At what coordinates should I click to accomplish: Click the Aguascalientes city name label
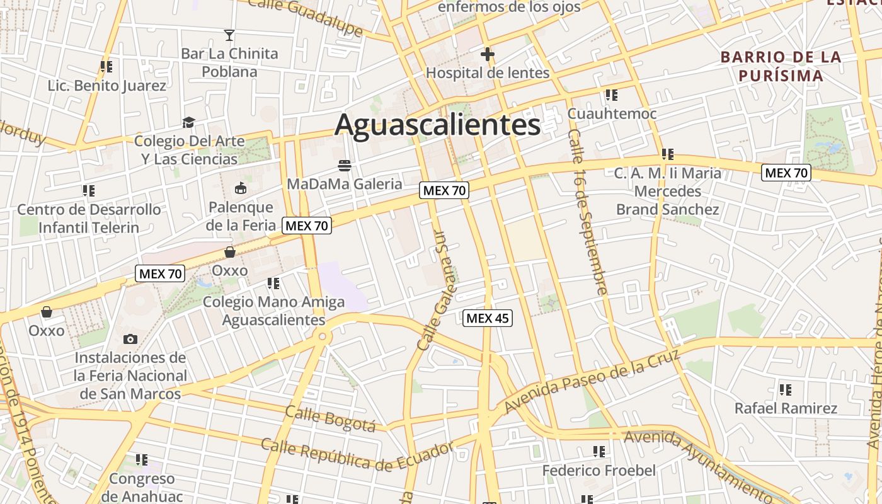click(437, 125)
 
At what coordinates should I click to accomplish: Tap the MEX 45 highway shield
click(488, 318)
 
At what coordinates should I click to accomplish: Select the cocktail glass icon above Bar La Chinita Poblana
click(229, 35)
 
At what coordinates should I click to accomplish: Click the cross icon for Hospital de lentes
click(487, 55)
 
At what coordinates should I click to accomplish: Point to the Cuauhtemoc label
click(612, 113)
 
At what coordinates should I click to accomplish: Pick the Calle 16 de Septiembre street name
click(587, 212)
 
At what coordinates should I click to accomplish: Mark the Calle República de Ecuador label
click(357, 455)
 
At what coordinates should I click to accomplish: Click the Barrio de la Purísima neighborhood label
click(781, 66)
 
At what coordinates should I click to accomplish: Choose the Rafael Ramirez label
click(786, 408)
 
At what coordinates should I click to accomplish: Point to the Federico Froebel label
click(598, 470)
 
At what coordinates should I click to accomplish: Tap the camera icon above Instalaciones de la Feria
click(130, 339)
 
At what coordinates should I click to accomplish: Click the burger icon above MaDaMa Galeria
click(344, 166)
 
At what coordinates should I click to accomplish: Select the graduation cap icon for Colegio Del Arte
click(188, 122)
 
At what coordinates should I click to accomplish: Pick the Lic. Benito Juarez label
click(107, 86)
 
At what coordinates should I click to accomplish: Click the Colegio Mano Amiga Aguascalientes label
click(273, 311)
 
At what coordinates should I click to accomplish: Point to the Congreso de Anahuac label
click(142, 487)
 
